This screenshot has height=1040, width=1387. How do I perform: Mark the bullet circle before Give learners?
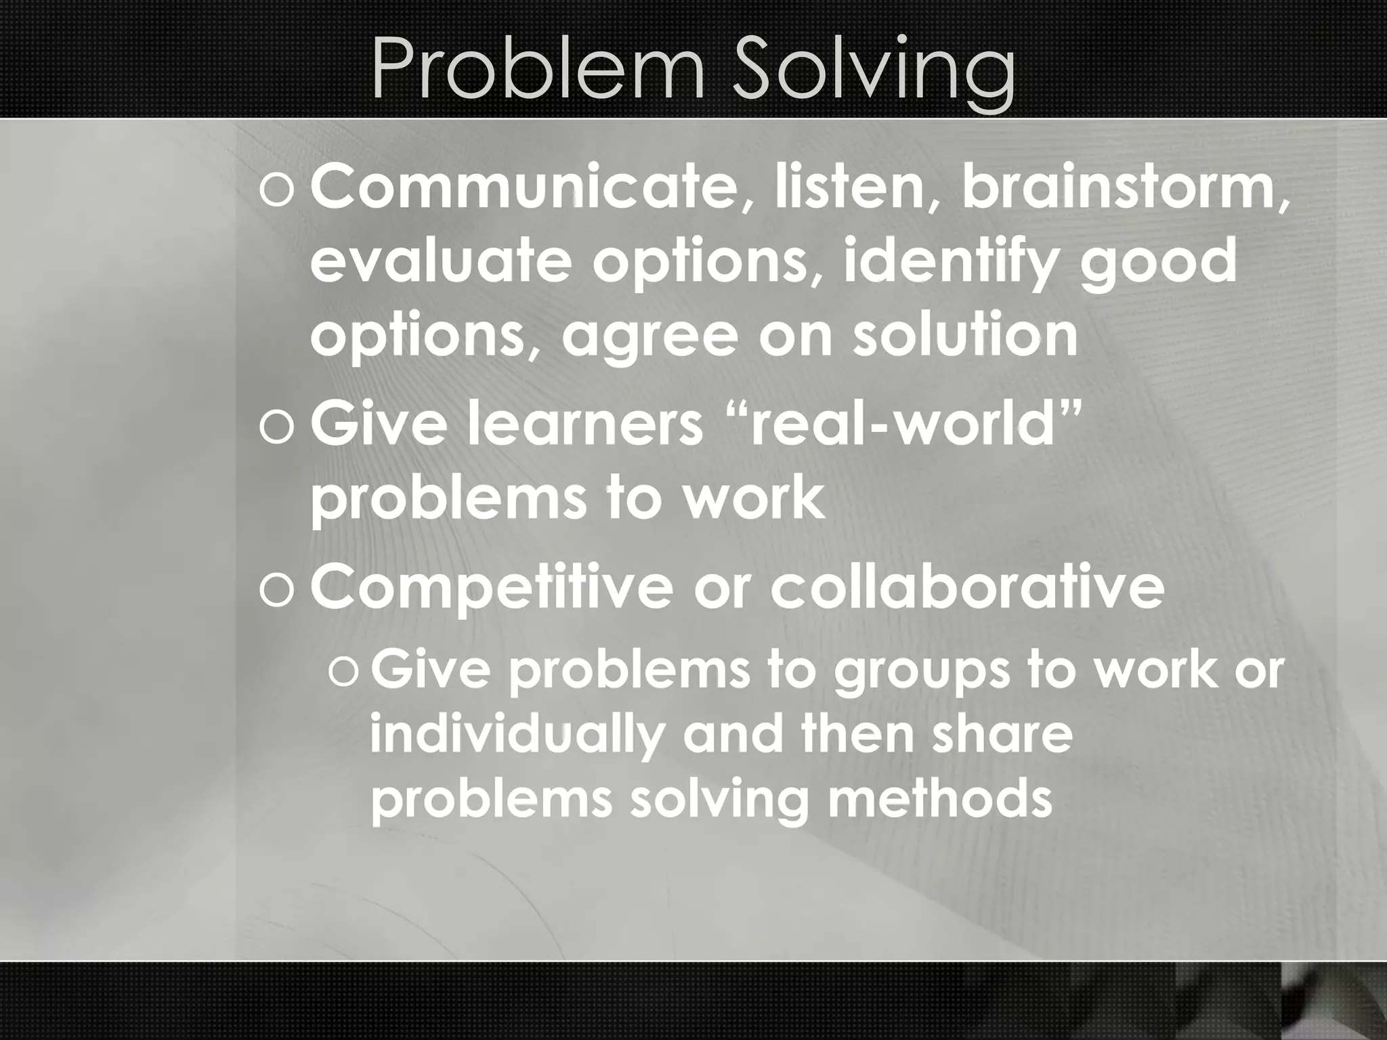click(276, 429)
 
